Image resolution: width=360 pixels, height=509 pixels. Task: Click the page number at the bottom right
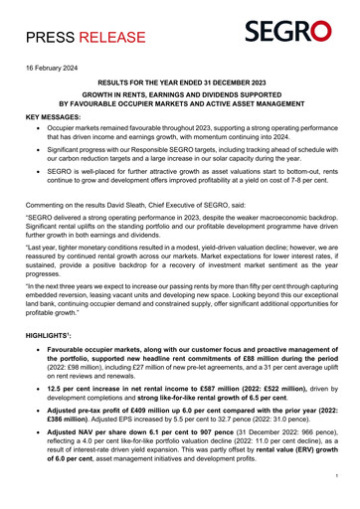(337, 503)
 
